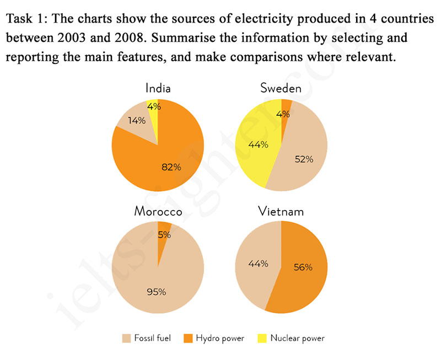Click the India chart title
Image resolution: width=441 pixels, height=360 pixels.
tap(158, 88)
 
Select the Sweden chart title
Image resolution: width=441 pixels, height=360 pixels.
tap(281, 88)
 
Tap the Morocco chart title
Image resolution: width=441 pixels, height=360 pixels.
tap(158, 212)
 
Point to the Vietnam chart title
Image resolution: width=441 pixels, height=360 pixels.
tap(281, 212)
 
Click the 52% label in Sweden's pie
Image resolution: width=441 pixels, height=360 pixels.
tap(304, 159)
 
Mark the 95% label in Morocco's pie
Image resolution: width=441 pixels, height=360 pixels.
tap(156, 292)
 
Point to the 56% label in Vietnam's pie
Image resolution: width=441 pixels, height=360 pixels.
tap(303, 267)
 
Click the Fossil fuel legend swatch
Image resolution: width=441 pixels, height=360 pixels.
tap(126, 337)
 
